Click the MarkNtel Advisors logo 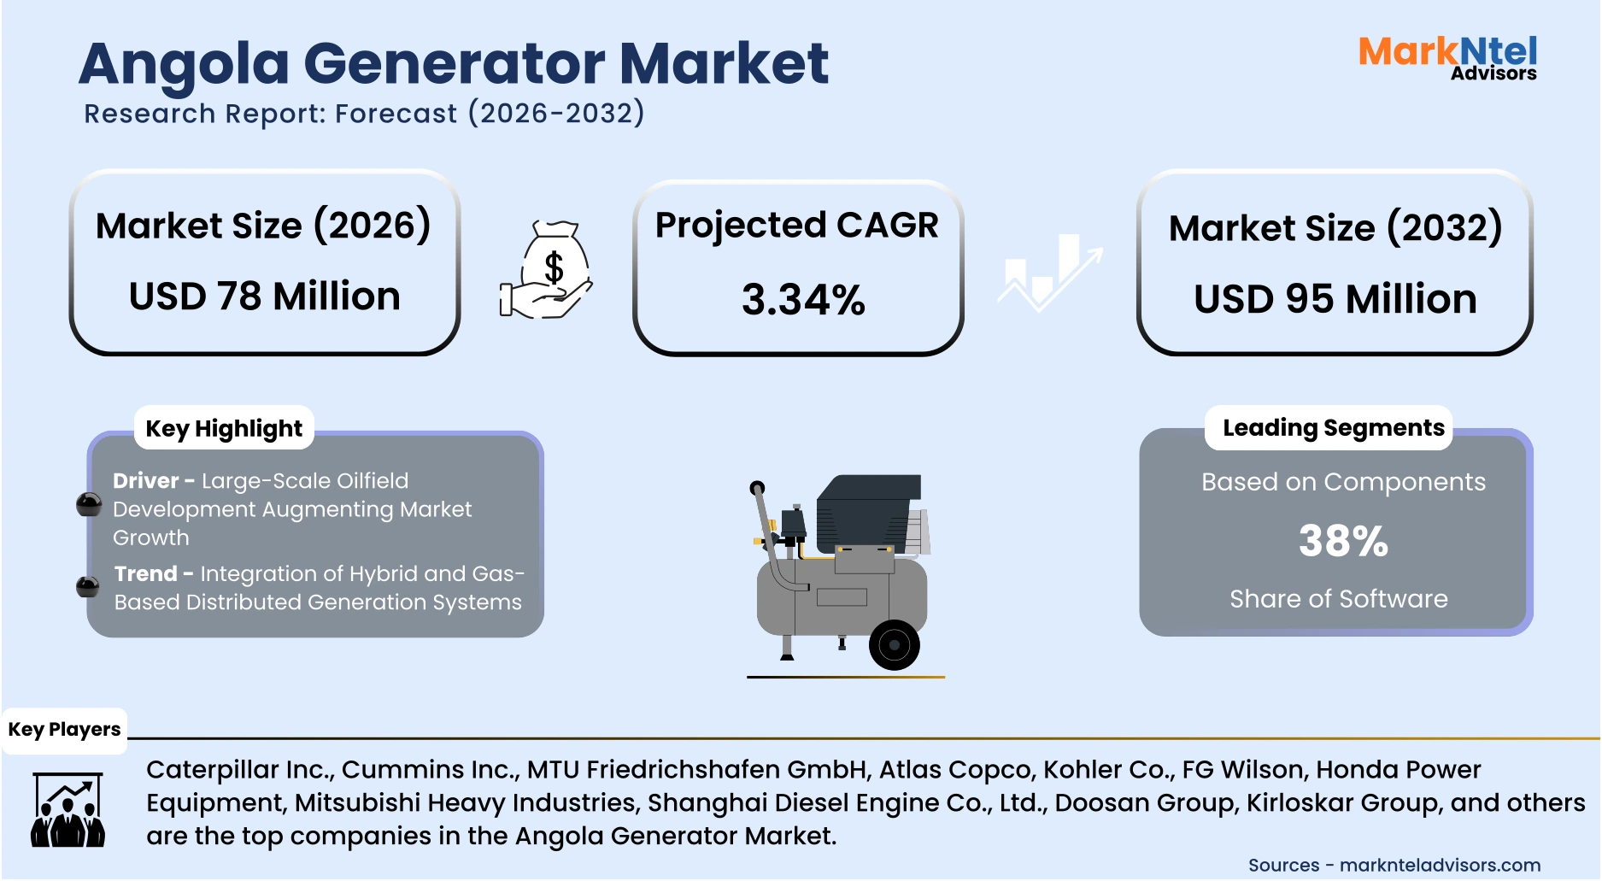tap(1447, 57)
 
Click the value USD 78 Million tap(264, 297)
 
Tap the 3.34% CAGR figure tap(802, 300)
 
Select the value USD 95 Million tap(1335, 299)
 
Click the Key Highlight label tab tap(224, 428)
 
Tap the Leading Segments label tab tap(1333, 427)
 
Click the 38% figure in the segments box tap(1343, 541)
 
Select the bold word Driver tap(145, 481)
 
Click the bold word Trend tap(146, 573)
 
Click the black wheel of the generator tap(894, 644)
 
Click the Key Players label tap(64, 730)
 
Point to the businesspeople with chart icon tap(67, 809)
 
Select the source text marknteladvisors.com tap(1440, 865)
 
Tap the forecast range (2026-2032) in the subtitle tap(555, 113)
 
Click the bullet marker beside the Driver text tap(89, 505)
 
